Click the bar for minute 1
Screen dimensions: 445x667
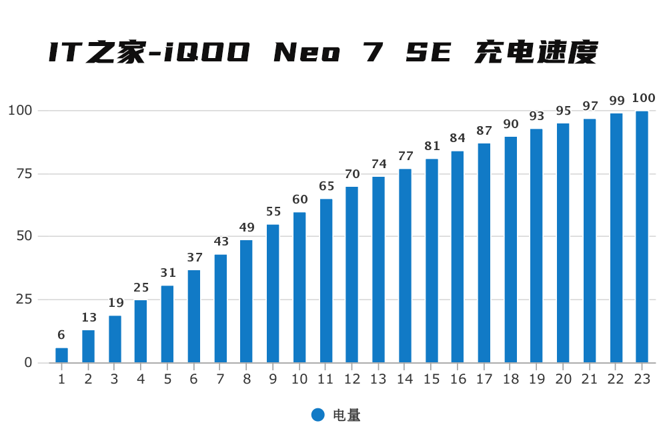coord(61,356)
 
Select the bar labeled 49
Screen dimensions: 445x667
coord(246,302)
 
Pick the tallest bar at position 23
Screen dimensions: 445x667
coord(642,237)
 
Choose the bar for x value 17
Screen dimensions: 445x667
coord(484,253)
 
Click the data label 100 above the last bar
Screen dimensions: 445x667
coord(643,99)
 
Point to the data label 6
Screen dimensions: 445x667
coord(61,335)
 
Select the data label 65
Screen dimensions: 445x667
coord(325,186)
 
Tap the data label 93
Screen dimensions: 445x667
coord(536,116)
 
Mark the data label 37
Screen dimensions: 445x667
coord(193,258)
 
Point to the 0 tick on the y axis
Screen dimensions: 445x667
coord(27,362)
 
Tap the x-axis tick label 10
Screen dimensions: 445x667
coord(299,380)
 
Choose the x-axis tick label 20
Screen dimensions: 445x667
coord(563,380)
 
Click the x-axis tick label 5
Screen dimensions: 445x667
coord(167,380)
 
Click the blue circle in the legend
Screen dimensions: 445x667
coord(318,415)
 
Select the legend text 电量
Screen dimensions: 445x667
coord(346,415)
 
